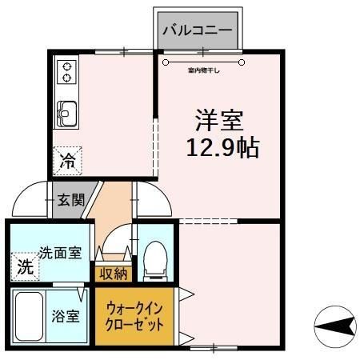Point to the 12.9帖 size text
pyautogui.click(x=222, y=147)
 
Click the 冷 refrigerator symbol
pyautogui.click(x=68, y=161)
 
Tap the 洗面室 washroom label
pyautogui.click(x=61, y=253)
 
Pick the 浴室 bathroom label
pyautogui.click(x=66, y=315)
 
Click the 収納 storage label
pyautogui.click(x=113, y=274)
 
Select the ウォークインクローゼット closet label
pyautogui.click(x=134, y=318)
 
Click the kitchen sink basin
pyautogui.click(x=66, y=115)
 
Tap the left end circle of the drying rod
pyautogui.click(x=166, y=61)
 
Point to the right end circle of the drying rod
pyautogui.click(x=241, y=61)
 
